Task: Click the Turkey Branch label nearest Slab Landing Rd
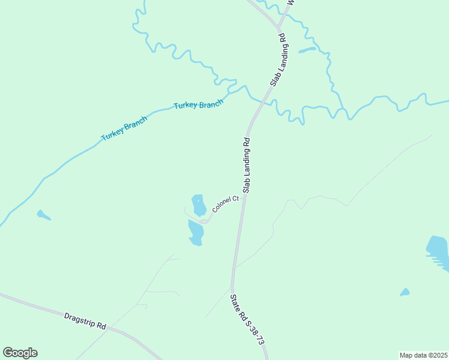point(198,104)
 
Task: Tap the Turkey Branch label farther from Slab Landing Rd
point(124,131)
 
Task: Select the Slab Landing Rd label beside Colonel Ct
point(246,165)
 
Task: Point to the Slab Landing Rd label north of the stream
point(277,60)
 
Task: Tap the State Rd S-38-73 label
point(247,319)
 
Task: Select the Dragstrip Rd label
point(85,320)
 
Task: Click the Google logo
point(20,353)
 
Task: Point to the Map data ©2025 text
point(423,355)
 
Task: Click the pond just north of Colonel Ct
point(199,204)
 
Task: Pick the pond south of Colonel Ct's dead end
point(196,232)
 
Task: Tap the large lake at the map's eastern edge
point(438,251)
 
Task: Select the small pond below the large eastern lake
point(405,292)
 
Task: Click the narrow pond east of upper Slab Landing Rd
point(307,50)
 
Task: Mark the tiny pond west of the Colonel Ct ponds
point(43,214)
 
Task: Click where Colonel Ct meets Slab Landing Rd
point(243,196)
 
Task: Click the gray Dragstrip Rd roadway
point(36,305)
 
